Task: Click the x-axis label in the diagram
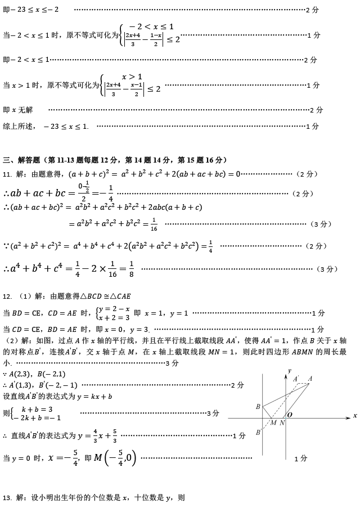pos(355,416)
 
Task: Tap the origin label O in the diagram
pos(290,414)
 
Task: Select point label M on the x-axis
pos(273,423)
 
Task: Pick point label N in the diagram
pos(282,423)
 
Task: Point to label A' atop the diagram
pos(296,379)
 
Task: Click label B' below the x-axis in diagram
pos(258,433)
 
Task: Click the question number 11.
pos(7,174)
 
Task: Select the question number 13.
pos(7,498)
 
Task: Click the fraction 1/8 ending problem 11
pos(130,268)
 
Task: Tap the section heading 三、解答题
pos(22,160)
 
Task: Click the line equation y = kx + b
pos(94,396)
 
